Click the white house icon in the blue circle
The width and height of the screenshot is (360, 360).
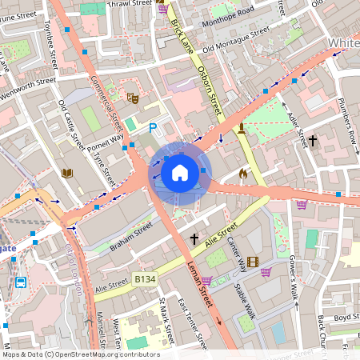tap(180, 172)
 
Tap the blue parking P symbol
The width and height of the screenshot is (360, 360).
tap(153, 128)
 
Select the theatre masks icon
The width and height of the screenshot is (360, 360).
tap(134, 98)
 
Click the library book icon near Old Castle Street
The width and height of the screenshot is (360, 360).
tap(67, 173)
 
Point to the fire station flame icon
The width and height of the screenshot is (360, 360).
tap(243, 173)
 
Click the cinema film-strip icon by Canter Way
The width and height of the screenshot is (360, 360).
tap(253, 262)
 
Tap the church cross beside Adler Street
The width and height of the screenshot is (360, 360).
tap(313, 141)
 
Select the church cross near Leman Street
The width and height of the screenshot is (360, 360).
tap(194, 238)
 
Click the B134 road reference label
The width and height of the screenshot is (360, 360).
tap(144, 279)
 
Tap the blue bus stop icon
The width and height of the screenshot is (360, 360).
tap(20, 282)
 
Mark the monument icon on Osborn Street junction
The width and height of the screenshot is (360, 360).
tap(241, 128)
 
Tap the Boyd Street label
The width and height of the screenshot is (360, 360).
tap(346, 316)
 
